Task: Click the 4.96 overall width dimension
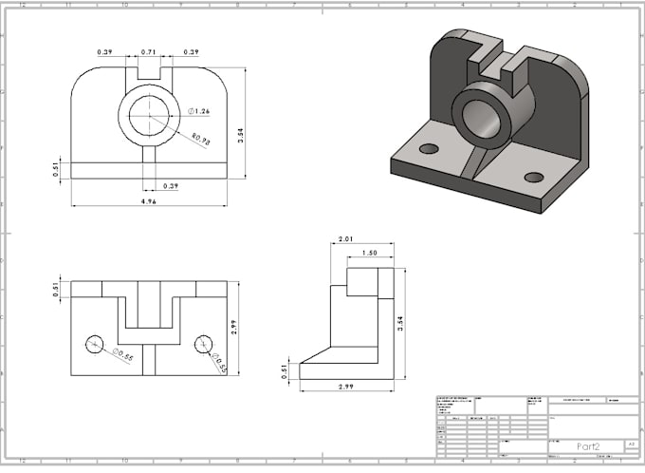(149, 201)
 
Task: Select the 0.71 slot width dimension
(149, 52)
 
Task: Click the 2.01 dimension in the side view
(345, 240)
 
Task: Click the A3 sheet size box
(630, 444)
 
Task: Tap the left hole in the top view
(94, 344)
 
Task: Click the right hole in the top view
(203, 344)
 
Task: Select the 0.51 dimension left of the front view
(57, 170)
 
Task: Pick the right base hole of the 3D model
(534, 177)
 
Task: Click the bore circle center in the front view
(149, 116)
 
